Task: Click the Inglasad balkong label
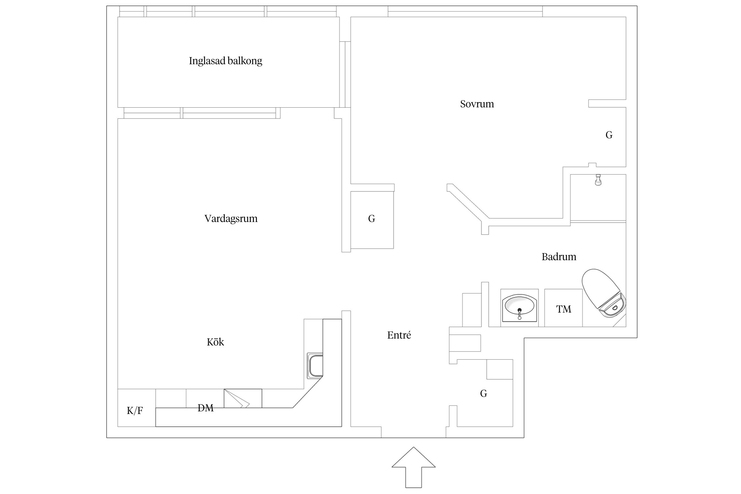pyautogui.click(x=226, y=61)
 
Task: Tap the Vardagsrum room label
pyautogui.click(x=231, y=219)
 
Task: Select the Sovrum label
pyautogui.click(x=477, y=104)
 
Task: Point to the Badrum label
pyautogui.click(x=559, y=257)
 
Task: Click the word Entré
pyautogui.click(x=399, y=335)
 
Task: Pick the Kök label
pyautogui.click(x=215, y=342)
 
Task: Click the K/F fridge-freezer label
pyautogui.click(x=135, y=411)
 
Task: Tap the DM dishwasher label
pyautogui.click(x=206, y=408)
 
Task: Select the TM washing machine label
pyautogui.click(x=563, y=309)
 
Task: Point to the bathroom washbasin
pyautogui.click(x=519, y=307)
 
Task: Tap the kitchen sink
pyautogui.click(x=315, y=366)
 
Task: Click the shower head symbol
pyautogui.click(x=598, y=180)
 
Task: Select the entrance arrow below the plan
pyautogui.click(x=413, y=467)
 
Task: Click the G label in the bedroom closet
pyautogui.click(x=609, y=135)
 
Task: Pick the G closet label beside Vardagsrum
pyautogui.click(x=371, y=219)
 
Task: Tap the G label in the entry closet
pyautogui.click(x=483, y=393)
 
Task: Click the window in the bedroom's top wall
pyautogui.click(x=465, y=12)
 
